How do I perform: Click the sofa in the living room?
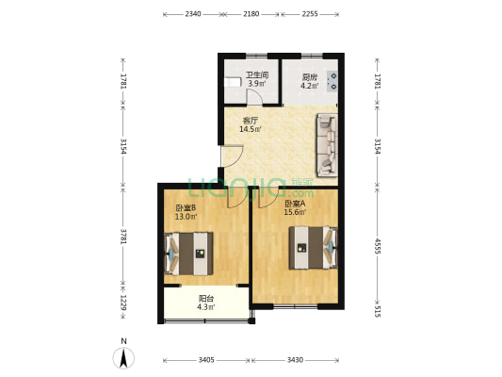326,145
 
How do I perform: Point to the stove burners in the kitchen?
332,80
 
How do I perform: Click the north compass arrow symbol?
123,358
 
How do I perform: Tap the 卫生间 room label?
257,75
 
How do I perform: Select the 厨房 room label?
309,77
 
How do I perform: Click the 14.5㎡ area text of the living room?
250,130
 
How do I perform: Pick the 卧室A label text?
295,203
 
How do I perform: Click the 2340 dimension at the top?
192,14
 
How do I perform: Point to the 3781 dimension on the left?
121,236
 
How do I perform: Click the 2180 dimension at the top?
251,14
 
